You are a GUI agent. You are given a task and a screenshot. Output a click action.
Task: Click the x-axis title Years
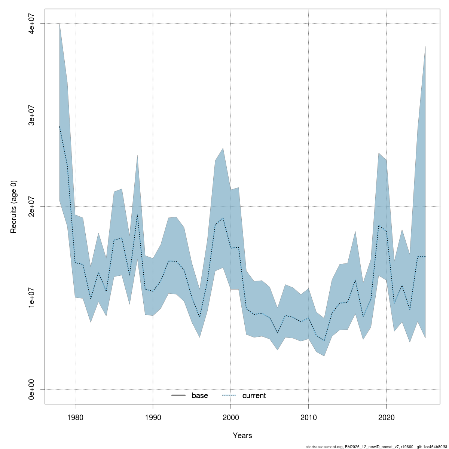[242, 436]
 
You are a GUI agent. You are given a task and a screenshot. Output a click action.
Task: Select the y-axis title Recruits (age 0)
[14, 207]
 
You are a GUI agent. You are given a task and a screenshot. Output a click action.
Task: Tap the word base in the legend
[200, 395]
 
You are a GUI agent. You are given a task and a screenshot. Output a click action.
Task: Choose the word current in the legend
[254, 395]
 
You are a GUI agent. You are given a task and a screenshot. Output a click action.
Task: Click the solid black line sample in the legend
[179, 395]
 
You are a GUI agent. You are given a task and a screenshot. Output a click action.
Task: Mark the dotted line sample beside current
[229, 395]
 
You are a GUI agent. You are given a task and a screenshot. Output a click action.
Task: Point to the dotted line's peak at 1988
[137, 214]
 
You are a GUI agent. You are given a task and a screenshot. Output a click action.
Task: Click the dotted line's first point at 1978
[59, 126]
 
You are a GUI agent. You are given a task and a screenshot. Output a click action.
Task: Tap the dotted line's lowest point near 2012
[324, 340]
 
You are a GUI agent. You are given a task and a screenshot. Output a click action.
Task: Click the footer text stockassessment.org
[324, 447]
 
